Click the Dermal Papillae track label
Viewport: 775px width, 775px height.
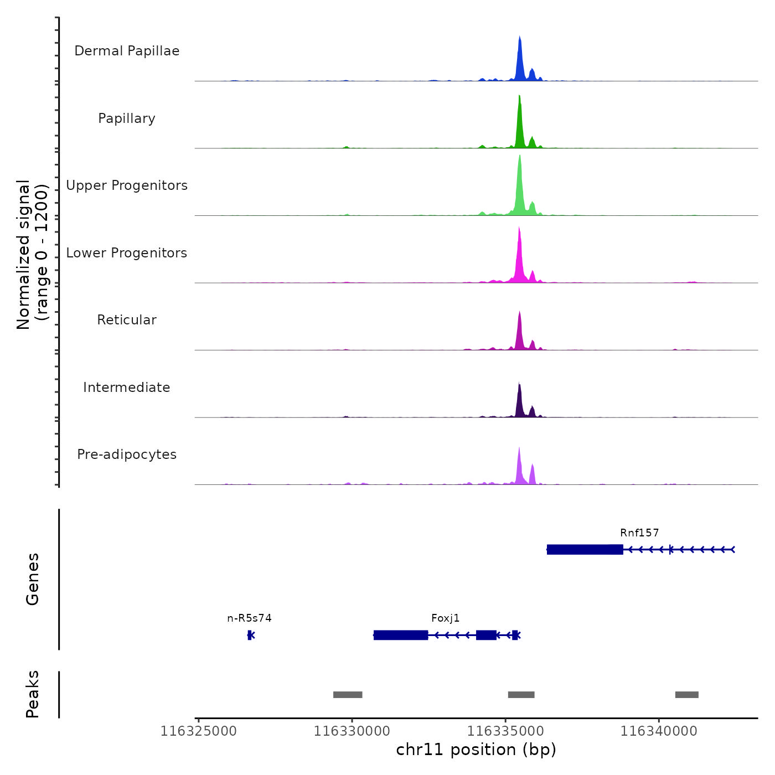[x=127, y=51]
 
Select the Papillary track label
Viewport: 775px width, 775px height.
[x=127, y=118]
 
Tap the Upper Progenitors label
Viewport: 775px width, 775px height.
[x=127, y=185]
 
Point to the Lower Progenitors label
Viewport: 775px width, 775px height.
[x=127, y=253]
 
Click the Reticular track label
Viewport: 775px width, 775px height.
[x=127, y=320]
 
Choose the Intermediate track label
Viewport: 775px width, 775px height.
[x=127, y=387]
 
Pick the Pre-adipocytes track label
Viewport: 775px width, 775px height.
[x=127, y=454]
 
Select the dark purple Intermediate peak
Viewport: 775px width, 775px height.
[x=519, y=401]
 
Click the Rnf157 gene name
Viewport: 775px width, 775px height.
[x=639, y=533]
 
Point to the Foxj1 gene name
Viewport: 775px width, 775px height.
[x=446, y=618]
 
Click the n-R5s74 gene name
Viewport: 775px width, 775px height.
[x=249, y=618]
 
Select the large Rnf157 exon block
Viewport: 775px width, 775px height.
[x=585, y=549]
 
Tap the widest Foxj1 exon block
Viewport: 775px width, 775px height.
[x=401, y=635]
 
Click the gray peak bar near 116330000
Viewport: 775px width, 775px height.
[x=348, y=695]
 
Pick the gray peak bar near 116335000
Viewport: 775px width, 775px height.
[x=521, y=695]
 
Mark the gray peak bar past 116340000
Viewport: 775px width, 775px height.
[x=686, y=695]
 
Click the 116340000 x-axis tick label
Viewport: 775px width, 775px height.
[x=659, y=731]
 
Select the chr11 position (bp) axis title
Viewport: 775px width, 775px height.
[x=476, y=750]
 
